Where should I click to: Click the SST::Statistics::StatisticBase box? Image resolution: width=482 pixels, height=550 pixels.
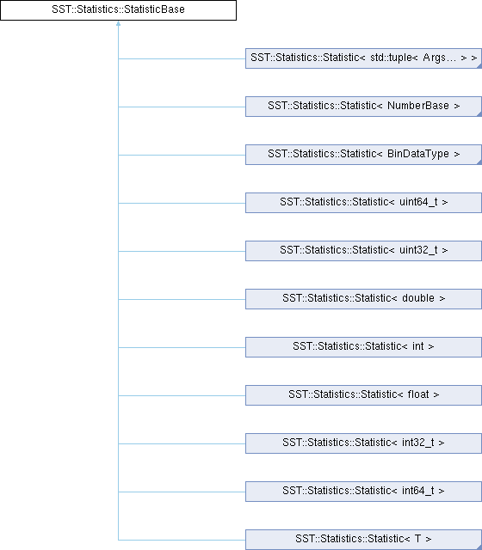click(x=118, y=10)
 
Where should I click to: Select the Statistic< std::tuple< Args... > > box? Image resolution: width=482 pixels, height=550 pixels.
click(x=363, y=58)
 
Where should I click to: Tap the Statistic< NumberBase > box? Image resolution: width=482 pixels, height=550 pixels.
click(x=363, y=107)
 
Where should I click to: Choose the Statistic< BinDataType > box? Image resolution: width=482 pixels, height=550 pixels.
click(x=363, y=155)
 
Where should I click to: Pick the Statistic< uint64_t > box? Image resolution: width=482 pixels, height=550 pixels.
click(x=363, y=203)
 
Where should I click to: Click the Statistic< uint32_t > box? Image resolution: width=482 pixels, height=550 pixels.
click(x=363, y=250)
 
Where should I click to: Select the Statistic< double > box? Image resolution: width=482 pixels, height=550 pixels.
click(x=363, y=299)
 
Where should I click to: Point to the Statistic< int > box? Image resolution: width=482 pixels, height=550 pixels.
click(x=363, y=347)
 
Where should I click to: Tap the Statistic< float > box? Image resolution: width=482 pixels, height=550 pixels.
click(x=363, y=395)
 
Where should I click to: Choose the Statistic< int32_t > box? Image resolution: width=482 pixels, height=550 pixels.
click(x=363, y=443)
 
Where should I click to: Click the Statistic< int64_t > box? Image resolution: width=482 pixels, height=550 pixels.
click(x=363, y=491)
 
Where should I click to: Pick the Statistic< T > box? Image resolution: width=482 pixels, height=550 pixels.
click(x=363, y=540)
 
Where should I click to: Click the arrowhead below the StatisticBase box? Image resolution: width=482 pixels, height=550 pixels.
click(x=119, y=23)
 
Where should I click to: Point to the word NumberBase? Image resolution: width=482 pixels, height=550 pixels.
click(x=418, y=106)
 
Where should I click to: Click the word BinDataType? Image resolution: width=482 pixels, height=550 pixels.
click(x=418, y=154)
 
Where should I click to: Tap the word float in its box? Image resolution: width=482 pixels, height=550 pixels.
click(x=418, y=394)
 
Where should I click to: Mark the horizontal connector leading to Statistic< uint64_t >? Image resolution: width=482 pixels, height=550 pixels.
click(x=182, y=203)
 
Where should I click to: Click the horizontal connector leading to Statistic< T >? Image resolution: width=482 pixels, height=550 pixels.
click(x=182, y=540)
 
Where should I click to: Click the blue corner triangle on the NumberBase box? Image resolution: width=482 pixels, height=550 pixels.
click(x=480, y=114)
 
